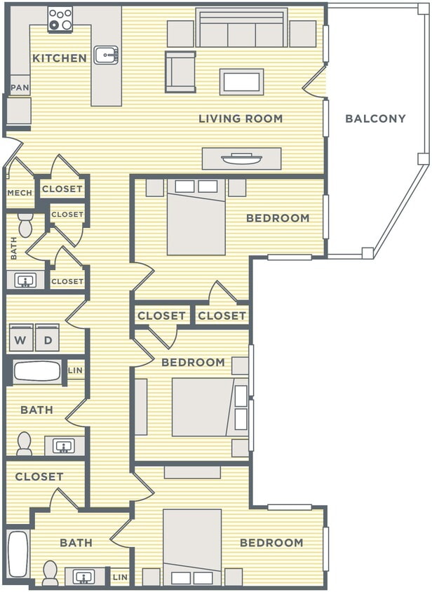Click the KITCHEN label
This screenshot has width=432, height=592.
click(x=60, y=58)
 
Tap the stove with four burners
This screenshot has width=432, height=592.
click(x=60, y=19)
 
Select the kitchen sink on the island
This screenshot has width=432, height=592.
click(x=106, y=55)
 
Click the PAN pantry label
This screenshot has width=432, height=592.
click(x=19, y=88)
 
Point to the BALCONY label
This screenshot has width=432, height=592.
click(x=375, y=119)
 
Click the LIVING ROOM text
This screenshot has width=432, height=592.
click(x=241, y=119)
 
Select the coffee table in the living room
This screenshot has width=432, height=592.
click(x=241, y=81)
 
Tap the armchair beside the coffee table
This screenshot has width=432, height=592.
click(x=180, y=72)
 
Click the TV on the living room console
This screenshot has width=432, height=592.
click(x=241, y=159)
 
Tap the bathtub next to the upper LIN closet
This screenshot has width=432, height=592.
click(x=36, y=371)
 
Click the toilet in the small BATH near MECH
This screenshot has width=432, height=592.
click(x=26, y=225)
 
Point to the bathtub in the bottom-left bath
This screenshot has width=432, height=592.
click(x=18, y=553)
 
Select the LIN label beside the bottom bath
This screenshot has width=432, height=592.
click(x=120, y=577)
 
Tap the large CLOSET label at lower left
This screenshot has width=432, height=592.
click(x=39, y=476)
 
